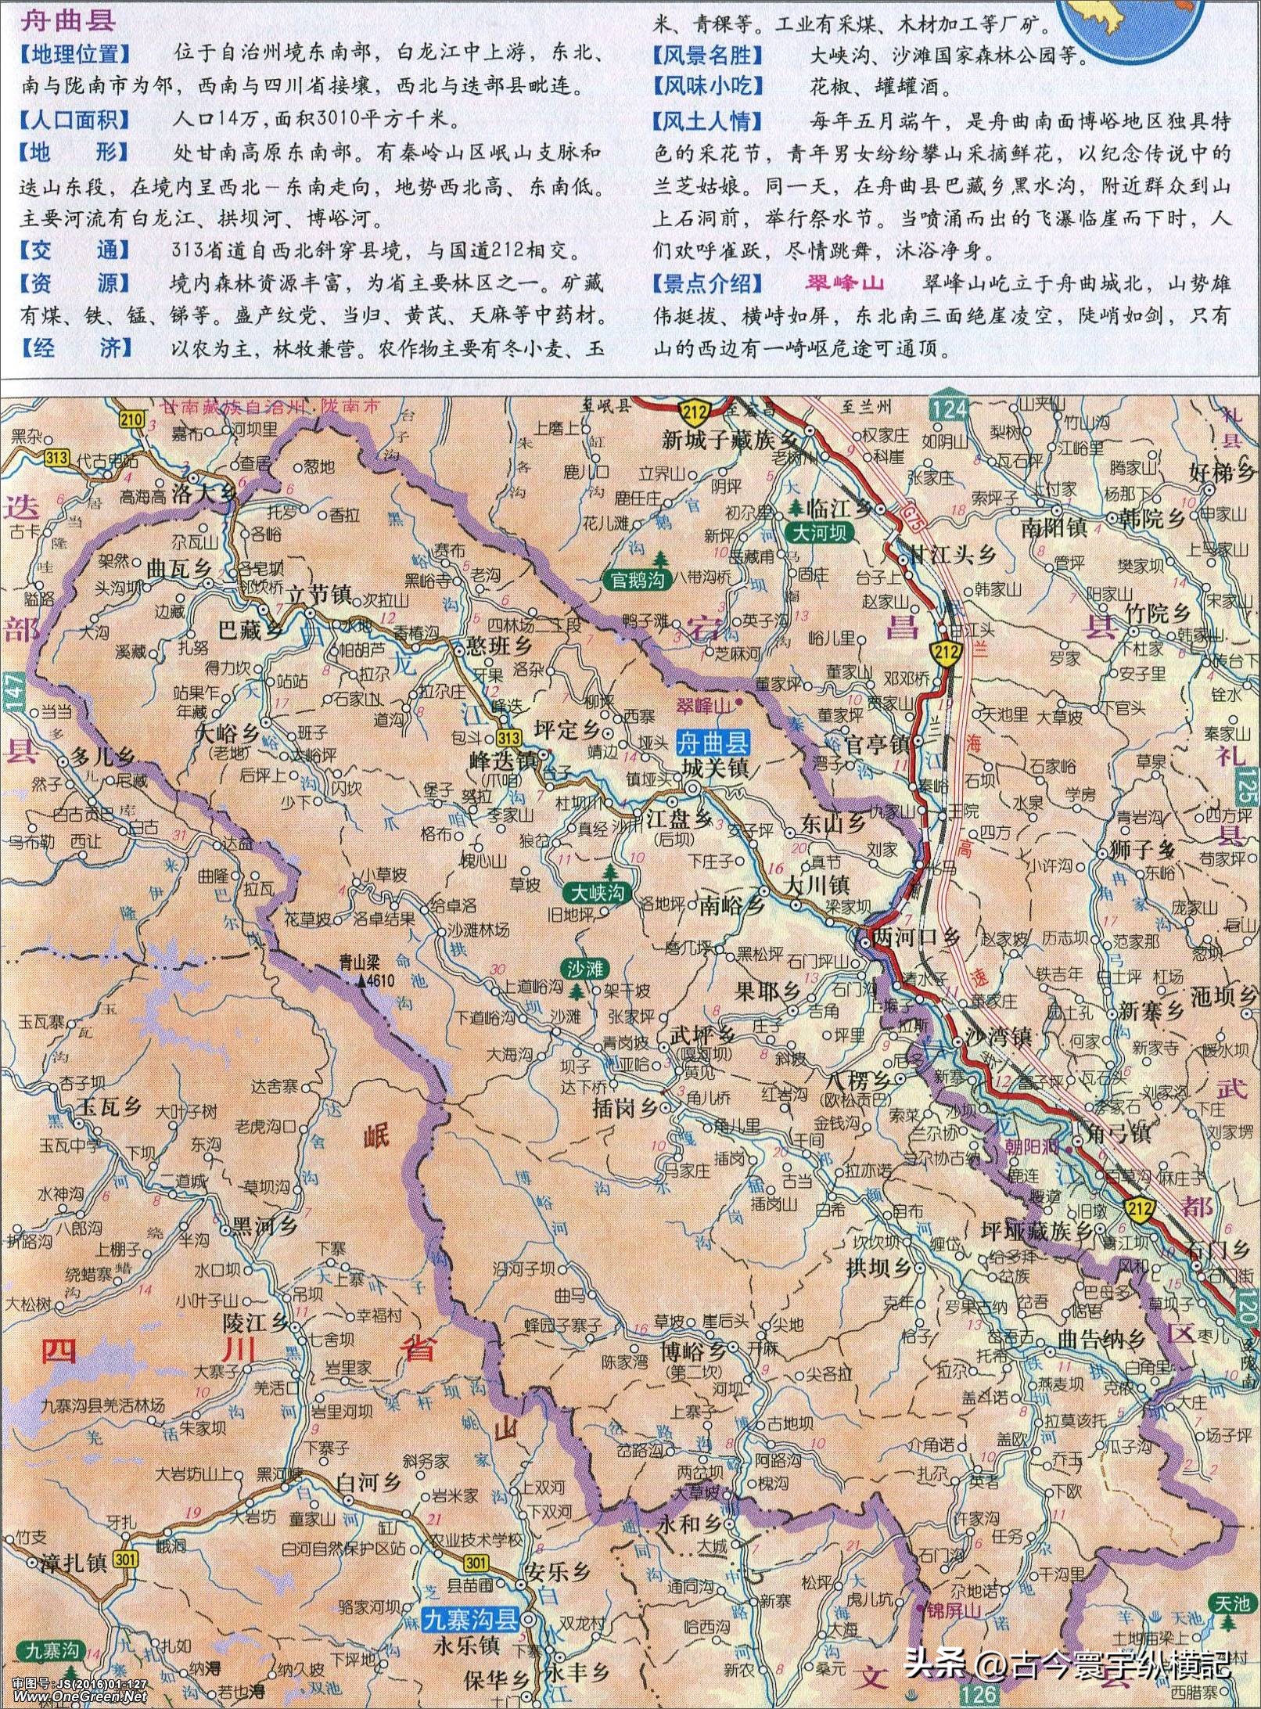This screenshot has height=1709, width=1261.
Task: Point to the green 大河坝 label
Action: click(x=820, y=533)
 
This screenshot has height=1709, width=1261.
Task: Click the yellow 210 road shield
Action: click(x=132, y=419)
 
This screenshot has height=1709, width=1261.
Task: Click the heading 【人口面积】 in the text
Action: click(x=76, y=120)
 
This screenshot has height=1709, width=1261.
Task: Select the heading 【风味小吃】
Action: click(x=707, y=86)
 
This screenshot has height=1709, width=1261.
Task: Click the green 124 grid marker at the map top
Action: click(x=950, y=407)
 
